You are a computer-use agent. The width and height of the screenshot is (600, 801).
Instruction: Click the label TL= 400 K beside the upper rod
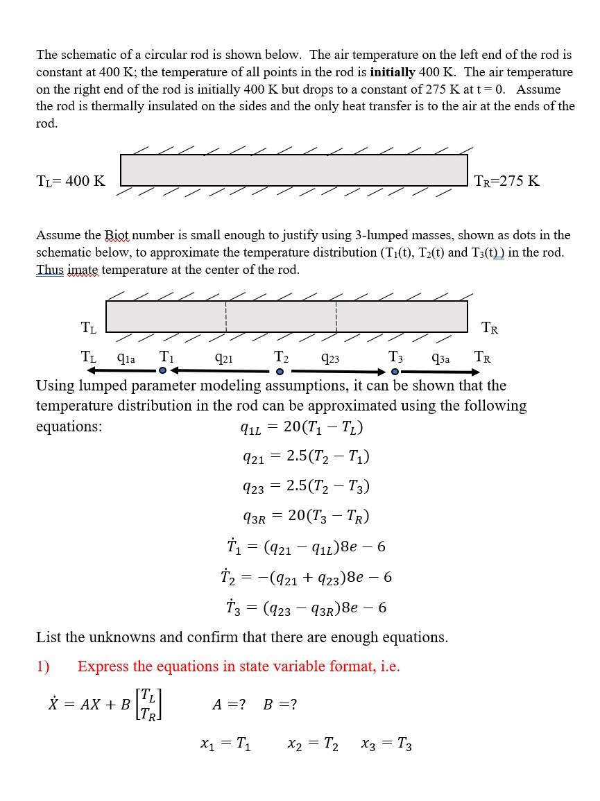pyautogui.click(x=71, y=181)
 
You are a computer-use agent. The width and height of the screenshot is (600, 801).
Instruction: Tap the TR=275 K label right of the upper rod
pyautogui.click(x=506, y=181)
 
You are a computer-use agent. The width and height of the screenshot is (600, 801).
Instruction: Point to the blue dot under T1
pyautogui.click(x=162, y=371)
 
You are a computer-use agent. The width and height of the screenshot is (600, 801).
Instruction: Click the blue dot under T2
pyautogui.click(x=280, y=371)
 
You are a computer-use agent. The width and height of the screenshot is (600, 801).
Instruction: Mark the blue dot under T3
pyautogui.click(x=394, y=371)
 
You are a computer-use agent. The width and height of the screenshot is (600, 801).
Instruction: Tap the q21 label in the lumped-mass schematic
pyautogui.click(x=224, y=358)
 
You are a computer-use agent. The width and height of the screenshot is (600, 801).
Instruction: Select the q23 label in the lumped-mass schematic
pyautogui.click(x=330, y=358)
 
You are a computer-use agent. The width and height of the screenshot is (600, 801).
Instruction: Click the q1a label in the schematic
pyautogui.click(x=126, y=358)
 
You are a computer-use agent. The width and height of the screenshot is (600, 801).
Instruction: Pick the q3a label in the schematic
pyautogui.click(x=440, y=358)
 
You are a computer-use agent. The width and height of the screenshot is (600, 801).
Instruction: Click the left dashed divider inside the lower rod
pyautogui.click(x=226, y=316)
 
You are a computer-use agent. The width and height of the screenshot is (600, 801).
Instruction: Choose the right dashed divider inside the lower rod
pyautogui.click(x=336, y=316)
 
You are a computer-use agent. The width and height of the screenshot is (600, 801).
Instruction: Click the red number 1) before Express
pyautogui.click(x=43, y=666)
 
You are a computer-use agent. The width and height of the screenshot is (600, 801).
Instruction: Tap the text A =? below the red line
pyautogui.click(x=228, y=705)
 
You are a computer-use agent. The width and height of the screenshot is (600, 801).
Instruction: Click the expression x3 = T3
pyautogui.click(x=386, y=745)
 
